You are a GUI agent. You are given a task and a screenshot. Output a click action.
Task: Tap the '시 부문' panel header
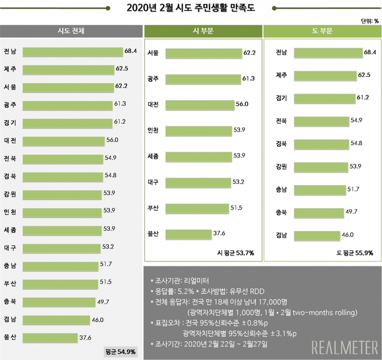201,30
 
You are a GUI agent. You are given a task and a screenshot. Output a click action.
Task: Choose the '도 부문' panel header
322,30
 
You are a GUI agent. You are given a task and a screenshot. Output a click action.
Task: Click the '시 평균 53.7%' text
235,253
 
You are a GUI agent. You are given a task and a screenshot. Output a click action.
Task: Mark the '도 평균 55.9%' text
355,253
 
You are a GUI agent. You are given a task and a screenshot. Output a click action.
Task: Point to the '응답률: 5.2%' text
170,290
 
